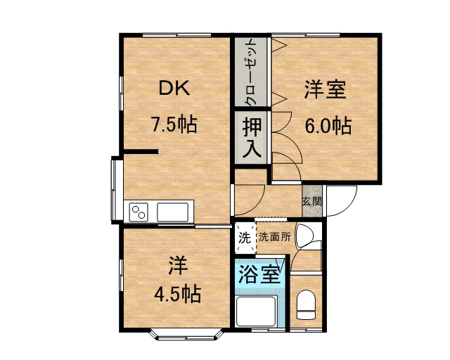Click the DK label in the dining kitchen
coord(174,88)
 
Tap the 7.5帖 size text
coord(174,124)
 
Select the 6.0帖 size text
coord(328,125)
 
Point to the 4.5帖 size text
coord(177,294)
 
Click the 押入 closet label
coord(252,138)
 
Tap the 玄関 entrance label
coord(311,201)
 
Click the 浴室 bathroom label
coord(259,274)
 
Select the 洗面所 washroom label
coord(275,237)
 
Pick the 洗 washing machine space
coord(245,238)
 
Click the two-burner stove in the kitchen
coord(139,212)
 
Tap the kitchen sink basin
coord(173,212)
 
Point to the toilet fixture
coord(306,304)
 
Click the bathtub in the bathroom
coord(256,311)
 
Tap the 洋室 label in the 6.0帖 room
coord(325,89)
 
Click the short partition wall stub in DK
coord(141,152)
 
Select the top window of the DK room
coord(176,35)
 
